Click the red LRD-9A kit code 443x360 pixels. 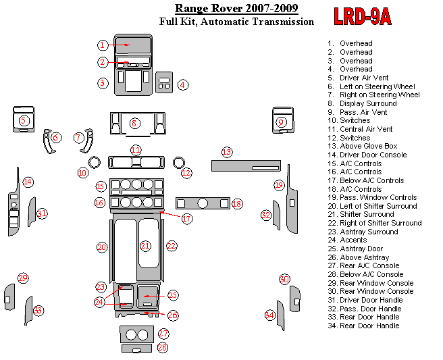[363, 16]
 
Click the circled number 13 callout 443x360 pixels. [227, 153]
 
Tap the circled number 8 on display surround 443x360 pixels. [134, 124]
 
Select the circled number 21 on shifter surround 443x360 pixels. [145, 246]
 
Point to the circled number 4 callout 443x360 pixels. [183, 84]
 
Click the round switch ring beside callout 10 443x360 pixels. [95, 163]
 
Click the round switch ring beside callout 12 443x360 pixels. [179, 163]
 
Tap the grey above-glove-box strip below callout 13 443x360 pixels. [246, 165]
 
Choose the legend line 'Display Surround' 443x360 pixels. [362, 103]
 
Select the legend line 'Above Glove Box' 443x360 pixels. [363, 146]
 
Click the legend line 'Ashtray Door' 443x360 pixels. [355, 249]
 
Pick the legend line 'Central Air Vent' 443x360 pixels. [360, 129]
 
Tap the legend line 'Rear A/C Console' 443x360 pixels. [363, 265]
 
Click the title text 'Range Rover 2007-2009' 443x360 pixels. [236, 8]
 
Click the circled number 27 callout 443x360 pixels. [163, 334]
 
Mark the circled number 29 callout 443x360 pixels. [23, 278]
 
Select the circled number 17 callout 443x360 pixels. [187, 218]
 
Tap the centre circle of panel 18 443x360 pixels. [203, 203]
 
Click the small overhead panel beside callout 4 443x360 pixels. [164, 82]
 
